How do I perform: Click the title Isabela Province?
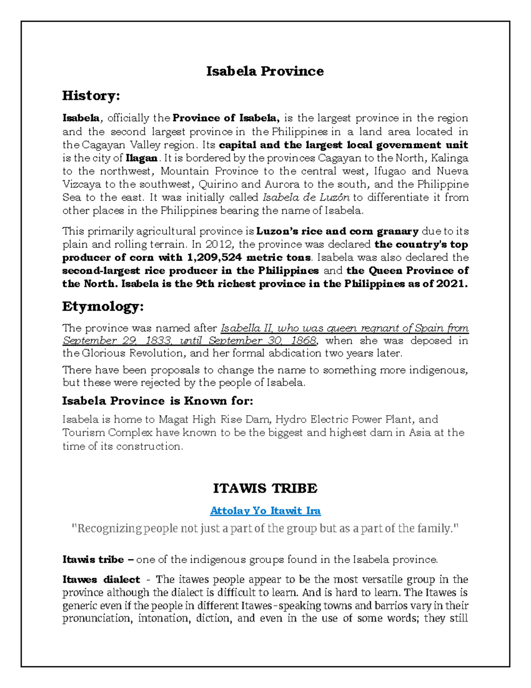[x=265, y=71]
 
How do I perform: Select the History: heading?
[x=91, y=95]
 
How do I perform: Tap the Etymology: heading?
[x=103, y=306]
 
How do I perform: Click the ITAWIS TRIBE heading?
[x=265, y=488]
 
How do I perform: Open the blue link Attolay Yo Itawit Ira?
[x=265, y=510]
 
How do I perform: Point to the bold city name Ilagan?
[x=142, y=158]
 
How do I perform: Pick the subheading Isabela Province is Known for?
[x=158, y=401]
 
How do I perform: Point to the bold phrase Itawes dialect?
[x=101, y=579]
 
